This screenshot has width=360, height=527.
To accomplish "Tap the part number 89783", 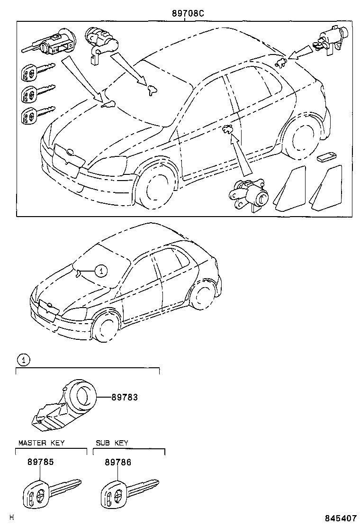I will tap(125, 397).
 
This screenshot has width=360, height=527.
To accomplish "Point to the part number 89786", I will tap(118, 463).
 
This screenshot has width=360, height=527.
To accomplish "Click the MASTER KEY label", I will tap(41, 443).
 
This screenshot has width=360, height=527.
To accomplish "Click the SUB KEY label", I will tap(112, 443).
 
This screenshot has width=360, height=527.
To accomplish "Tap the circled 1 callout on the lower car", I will tap(100, 271).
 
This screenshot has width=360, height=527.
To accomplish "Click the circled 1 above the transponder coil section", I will tap(23, 360).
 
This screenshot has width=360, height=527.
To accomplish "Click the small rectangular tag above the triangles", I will tap(326, 157).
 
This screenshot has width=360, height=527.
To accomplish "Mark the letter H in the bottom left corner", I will tap(12, 518).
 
